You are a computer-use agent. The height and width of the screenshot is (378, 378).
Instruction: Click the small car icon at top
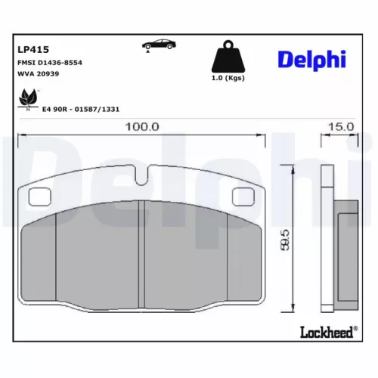(156, 45)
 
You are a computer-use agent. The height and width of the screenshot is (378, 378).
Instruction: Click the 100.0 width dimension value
(142, 127)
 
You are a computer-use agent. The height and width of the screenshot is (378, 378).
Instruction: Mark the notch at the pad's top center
(141, 179)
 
